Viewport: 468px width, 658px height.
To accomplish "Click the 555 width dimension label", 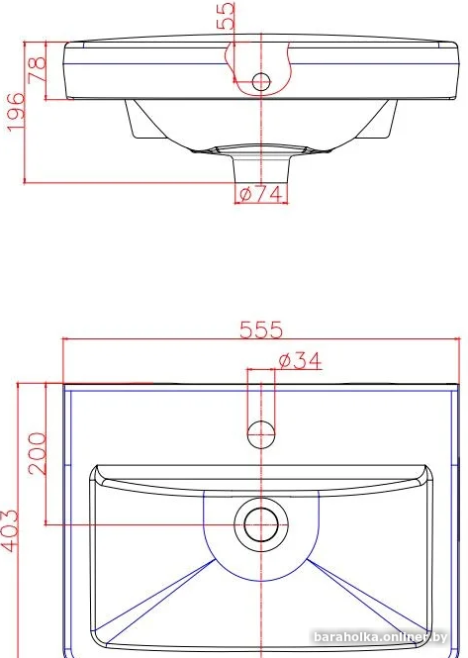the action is pos(261,329).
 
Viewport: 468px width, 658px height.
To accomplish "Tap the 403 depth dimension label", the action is pos(9,530).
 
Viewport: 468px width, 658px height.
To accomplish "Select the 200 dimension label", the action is pos(37,453).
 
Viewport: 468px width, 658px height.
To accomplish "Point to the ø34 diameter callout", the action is pos(300,361).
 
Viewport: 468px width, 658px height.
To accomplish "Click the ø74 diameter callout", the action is pos(260,194).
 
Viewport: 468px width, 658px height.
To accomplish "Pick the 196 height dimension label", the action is pos(16,112).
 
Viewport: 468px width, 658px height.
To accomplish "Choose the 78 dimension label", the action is pos(37,69).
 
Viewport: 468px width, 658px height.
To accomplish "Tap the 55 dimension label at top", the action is pos(226,16).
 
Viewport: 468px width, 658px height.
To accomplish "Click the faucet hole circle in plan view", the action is pos(261,434).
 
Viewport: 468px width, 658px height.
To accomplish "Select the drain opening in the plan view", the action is pos(261,525).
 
